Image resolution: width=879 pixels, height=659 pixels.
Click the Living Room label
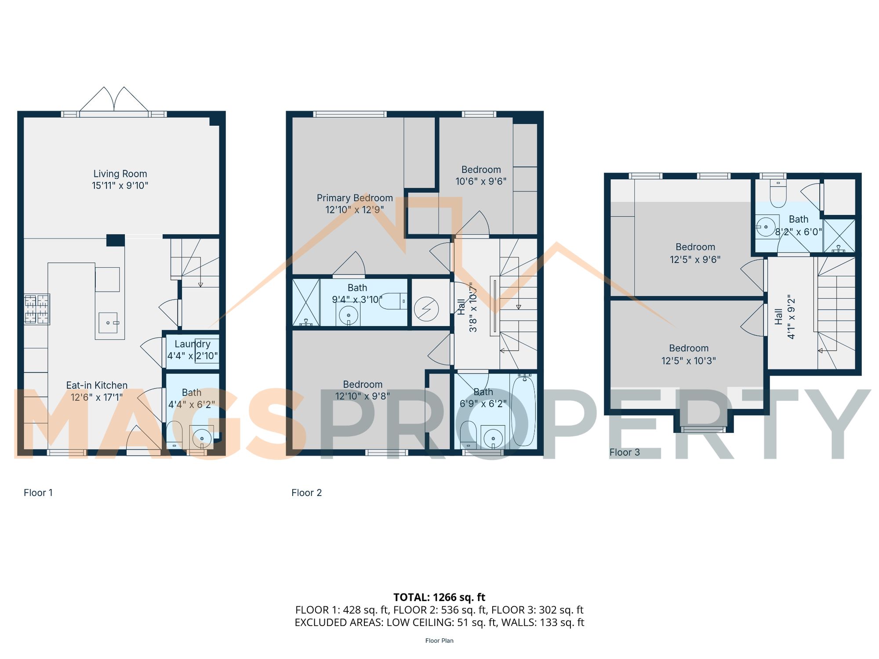pos(120,174)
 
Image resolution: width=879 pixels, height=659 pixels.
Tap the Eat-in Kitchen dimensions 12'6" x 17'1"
pos(97,397)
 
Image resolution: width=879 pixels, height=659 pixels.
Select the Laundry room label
pos(193,344)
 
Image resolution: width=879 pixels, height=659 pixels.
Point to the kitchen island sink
pos(108,322)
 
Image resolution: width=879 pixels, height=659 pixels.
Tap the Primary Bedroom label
pos(355,198)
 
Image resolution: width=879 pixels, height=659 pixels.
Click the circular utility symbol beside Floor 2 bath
pos(426,309)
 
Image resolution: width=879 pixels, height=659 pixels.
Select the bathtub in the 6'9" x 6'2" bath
pos(523,410)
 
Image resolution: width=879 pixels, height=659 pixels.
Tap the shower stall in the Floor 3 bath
pos(839,236)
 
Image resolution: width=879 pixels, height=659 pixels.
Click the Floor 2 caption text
pos(306,492)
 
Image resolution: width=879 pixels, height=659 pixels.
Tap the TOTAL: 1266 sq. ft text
pos(439,597)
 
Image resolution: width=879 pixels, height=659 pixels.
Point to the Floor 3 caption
pos(624,452)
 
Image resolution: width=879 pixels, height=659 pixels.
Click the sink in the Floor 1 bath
pos(202,438)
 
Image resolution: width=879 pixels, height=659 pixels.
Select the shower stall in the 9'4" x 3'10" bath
pos(306,302)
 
